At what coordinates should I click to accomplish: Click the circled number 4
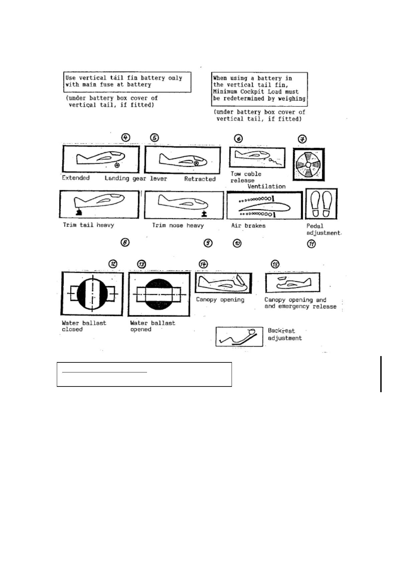[125, 137]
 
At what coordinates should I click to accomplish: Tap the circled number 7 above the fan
[302, 139]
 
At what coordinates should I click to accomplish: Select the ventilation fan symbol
[308, 165]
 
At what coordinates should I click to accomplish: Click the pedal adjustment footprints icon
[321, 204]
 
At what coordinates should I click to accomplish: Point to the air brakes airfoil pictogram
[264, 205]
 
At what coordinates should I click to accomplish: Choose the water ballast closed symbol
[92, 294]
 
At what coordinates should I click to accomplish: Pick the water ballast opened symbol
[159, 294]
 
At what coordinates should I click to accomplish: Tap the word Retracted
[200, 179]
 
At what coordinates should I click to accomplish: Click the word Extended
[76, 178]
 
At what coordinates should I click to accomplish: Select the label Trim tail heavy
[89, 225]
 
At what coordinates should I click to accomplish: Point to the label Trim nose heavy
[178, 225]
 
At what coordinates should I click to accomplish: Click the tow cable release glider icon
[257, 157]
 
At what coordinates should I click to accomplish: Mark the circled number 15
[275, 264]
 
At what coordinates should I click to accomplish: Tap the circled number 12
[114, 264]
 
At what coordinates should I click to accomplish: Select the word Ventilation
[266, 186]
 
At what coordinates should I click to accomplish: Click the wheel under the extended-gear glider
[117, 165]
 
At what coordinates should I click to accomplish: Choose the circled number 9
[208, 243]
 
